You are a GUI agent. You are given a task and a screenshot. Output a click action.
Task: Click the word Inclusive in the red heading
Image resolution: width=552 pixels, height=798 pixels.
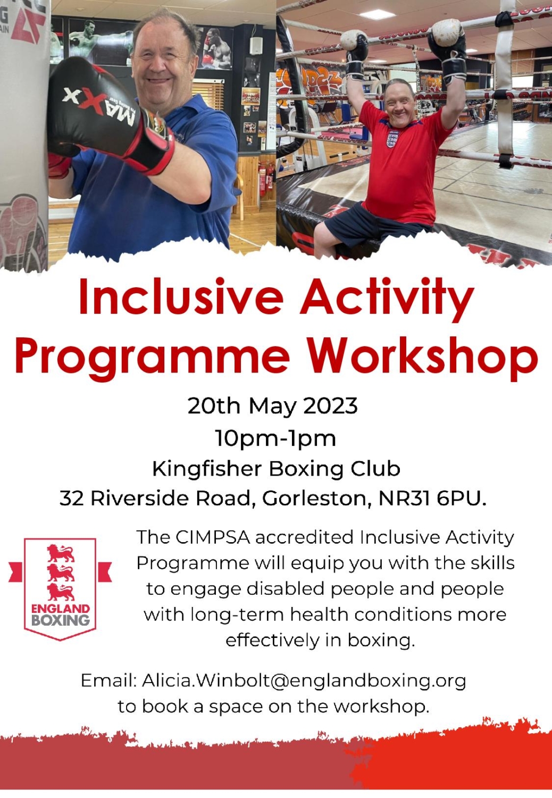[x=181, y=297]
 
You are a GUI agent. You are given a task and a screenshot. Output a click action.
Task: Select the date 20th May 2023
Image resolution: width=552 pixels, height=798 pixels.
[x=272, y=406]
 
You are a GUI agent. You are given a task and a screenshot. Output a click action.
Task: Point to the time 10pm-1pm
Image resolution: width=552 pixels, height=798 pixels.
[x=275, y=438]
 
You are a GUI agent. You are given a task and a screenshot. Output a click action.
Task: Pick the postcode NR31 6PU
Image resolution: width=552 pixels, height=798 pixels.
[x=432, y=498]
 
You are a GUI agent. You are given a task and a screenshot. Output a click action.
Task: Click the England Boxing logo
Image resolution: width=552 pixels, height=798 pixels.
[x=60, y=589]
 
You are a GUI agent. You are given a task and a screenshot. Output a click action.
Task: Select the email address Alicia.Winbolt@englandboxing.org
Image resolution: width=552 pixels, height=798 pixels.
[x=304, y=680]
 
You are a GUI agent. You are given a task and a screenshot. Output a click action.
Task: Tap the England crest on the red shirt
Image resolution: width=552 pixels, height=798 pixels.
[x=391, y=139]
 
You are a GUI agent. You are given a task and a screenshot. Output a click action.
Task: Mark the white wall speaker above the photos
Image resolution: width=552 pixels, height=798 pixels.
[x=255, y=46]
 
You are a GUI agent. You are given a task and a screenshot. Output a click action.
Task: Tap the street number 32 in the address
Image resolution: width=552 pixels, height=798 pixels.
[x=71, y=498]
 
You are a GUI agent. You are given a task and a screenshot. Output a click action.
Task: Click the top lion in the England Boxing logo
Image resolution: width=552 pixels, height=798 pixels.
[x=61, y=553]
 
